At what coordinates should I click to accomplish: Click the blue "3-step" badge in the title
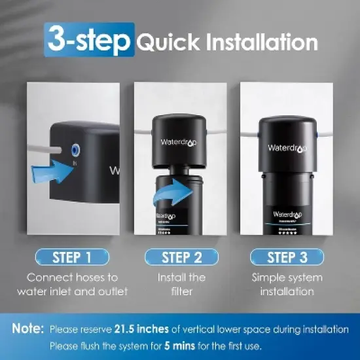click(90, 40)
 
